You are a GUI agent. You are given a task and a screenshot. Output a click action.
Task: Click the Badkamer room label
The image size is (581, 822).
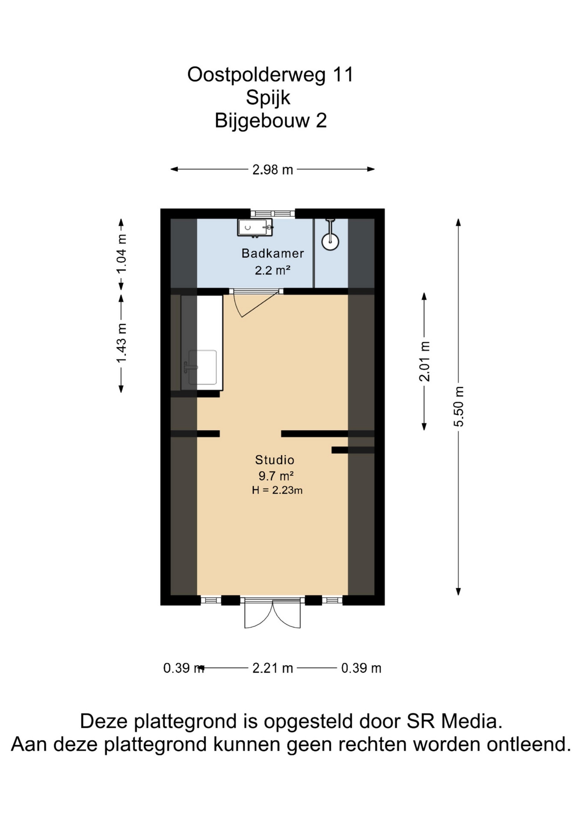click(x=273, y=253)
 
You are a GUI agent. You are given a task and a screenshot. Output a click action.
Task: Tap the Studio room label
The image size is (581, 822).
click(x=275, y=460)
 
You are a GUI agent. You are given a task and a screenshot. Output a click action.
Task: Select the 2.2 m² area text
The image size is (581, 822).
click(x=273, y=270)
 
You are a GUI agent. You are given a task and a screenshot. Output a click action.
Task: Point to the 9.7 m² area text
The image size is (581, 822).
click(x=276, y=476)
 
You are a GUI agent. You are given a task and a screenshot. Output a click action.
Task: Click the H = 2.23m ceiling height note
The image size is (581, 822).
click(x=277, y=490)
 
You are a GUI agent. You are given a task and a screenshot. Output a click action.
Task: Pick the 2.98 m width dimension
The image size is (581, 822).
click(x=273, y=170)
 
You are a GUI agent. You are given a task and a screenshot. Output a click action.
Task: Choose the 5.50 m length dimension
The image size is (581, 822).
click(x=459, y=406)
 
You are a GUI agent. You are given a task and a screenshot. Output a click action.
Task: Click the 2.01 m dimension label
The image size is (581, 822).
click(x=424, y=361)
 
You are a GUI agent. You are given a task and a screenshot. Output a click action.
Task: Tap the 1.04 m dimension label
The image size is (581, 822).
click(x=122, y=254)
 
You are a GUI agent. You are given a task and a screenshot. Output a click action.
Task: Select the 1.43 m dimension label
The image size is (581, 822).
click(x=122, y=343)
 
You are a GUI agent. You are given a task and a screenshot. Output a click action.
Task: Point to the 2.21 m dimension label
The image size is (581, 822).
click(x=273, y=668)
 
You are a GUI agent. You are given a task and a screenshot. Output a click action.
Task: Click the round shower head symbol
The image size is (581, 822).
click(x=330, y=241)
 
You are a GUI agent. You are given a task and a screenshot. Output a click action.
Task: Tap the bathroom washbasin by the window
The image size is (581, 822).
click(x=255, y=227)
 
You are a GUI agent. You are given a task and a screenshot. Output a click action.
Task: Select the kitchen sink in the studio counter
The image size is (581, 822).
click(x=202, y=367)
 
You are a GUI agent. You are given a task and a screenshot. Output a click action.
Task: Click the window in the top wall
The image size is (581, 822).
click(x=273, y=214)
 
